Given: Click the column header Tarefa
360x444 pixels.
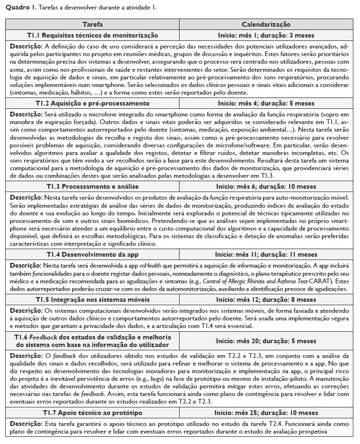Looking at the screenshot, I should [x=92, y=25].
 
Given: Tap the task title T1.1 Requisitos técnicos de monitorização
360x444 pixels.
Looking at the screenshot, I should [x=92, y=35].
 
